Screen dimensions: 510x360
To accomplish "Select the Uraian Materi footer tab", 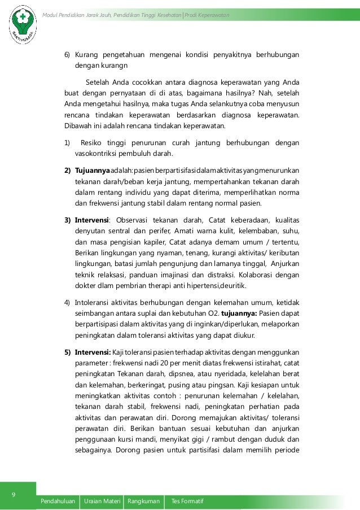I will click(102, 502).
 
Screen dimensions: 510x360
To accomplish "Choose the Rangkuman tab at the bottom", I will click(143, 502).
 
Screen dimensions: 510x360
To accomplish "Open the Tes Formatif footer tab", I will click(187, 502).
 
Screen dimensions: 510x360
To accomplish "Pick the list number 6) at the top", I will click(67, 55).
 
